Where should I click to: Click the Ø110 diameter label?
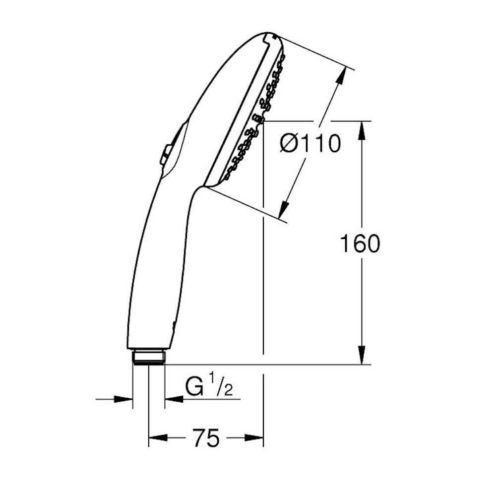[x=310, y=143]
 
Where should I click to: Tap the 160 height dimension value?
[x=360, y=244]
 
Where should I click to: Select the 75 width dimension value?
[x=206, y=438]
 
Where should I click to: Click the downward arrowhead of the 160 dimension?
[x=362, y=355]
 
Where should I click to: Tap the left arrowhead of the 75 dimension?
[x=158, y=438]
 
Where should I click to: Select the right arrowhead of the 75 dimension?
[x=254, y=438]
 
